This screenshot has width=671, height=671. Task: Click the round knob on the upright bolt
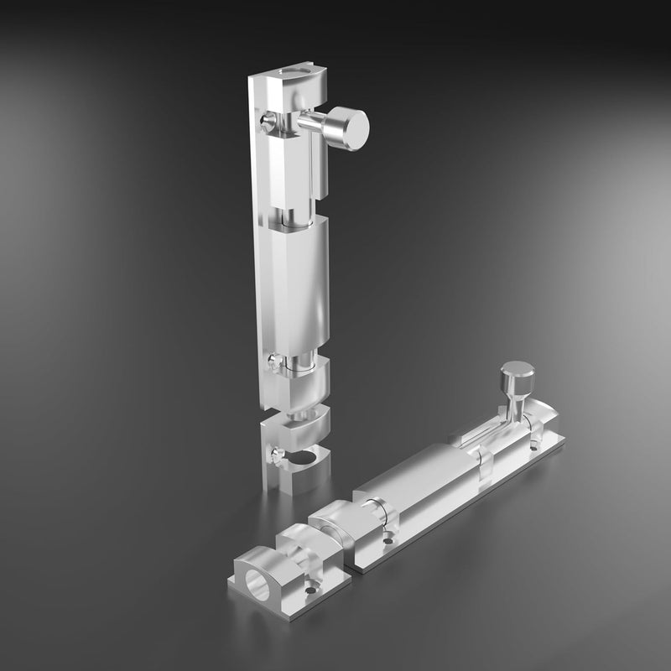point(348,127)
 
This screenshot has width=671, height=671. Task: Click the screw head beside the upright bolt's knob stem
point(268,124)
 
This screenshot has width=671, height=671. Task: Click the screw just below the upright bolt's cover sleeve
point(273,362)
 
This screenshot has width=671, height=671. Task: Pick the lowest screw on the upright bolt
point(274,456)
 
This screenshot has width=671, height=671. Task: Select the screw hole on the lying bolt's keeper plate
point(311,590)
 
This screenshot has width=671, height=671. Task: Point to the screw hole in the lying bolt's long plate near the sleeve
point(388,540)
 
